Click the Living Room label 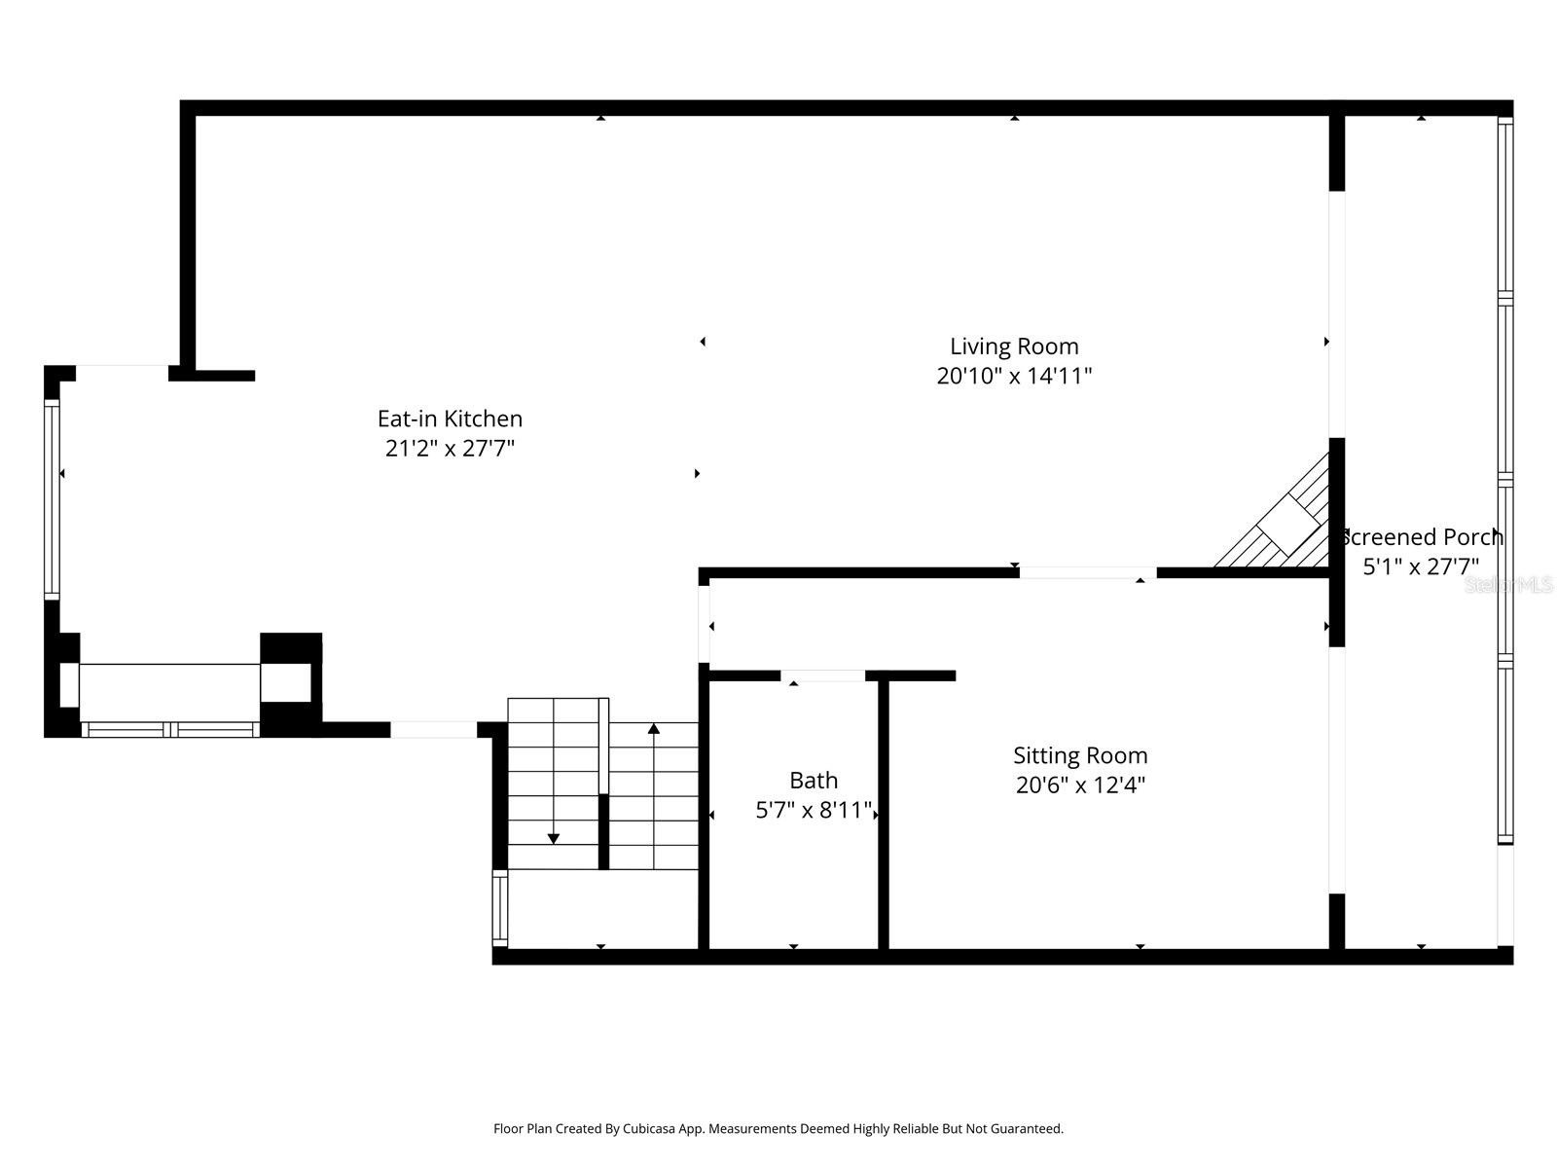point(1014,347)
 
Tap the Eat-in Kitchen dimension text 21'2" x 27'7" point(450,449)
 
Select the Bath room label point(814,781)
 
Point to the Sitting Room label point(1080,755)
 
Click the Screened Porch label point(1422,537)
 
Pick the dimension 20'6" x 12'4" point(1080,785)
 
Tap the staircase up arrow point(654,729)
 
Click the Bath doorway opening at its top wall point(822,675)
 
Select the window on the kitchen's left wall point(53,498)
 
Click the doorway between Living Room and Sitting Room point(1087,573)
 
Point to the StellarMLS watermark point(1508,585)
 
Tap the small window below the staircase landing point(500,907)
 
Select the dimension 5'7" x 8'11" point(814,811)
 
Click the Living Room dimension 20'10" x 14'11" point(1014,377)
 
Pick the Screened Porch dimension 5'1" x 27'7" point(1422,566)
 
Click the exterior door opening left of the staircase point(433,729)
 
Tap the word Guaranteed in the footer point(1026,1129)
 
